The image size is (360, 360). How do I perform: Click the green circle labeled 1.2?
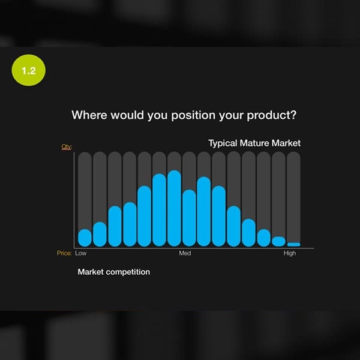tap(28, 70)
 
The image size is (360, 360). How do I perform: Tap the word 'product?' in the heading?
tap(272, 115)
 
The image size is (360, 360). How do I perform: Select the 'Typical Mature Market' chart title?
tap(254, 143)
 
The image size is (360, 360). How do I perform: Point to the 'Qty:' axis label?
tap(67, 147)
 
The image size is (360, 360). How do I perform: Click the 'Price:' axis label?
tap(64, 253)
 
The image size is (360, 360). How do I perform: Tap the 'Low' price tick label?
tap(81, 253)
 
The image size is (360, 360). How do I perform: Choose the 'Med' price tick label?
tap(185, 253)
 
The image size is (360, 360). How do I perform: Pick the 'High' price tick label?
tap(290, 253)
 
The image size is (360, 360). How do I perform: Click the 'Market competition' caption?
tap(114, 272)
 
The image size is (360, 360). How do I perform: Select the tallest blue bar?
tap(174, 208)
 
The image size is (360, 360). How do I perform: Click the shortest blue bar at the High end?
tap(293, 245)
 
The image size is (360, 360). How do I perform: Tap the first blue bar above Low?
tap(85, 238)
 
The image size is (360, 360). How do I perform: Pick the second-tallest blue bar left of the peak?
tap(160, 210)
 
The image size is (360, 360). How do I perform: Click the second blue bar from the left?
tap(100, 234)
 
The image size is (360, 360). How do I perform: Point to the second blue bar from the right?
tap(279, 242)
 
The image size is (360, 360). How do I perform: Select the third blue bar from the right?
tap(264, 238)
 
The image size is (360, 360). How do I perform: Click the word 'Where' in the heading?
tap(89, 115)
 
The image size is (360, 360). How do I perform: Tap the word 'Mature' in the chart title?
tap(254, 143)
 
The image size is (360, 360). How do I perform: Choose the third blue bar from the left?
tap(115, 226)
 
